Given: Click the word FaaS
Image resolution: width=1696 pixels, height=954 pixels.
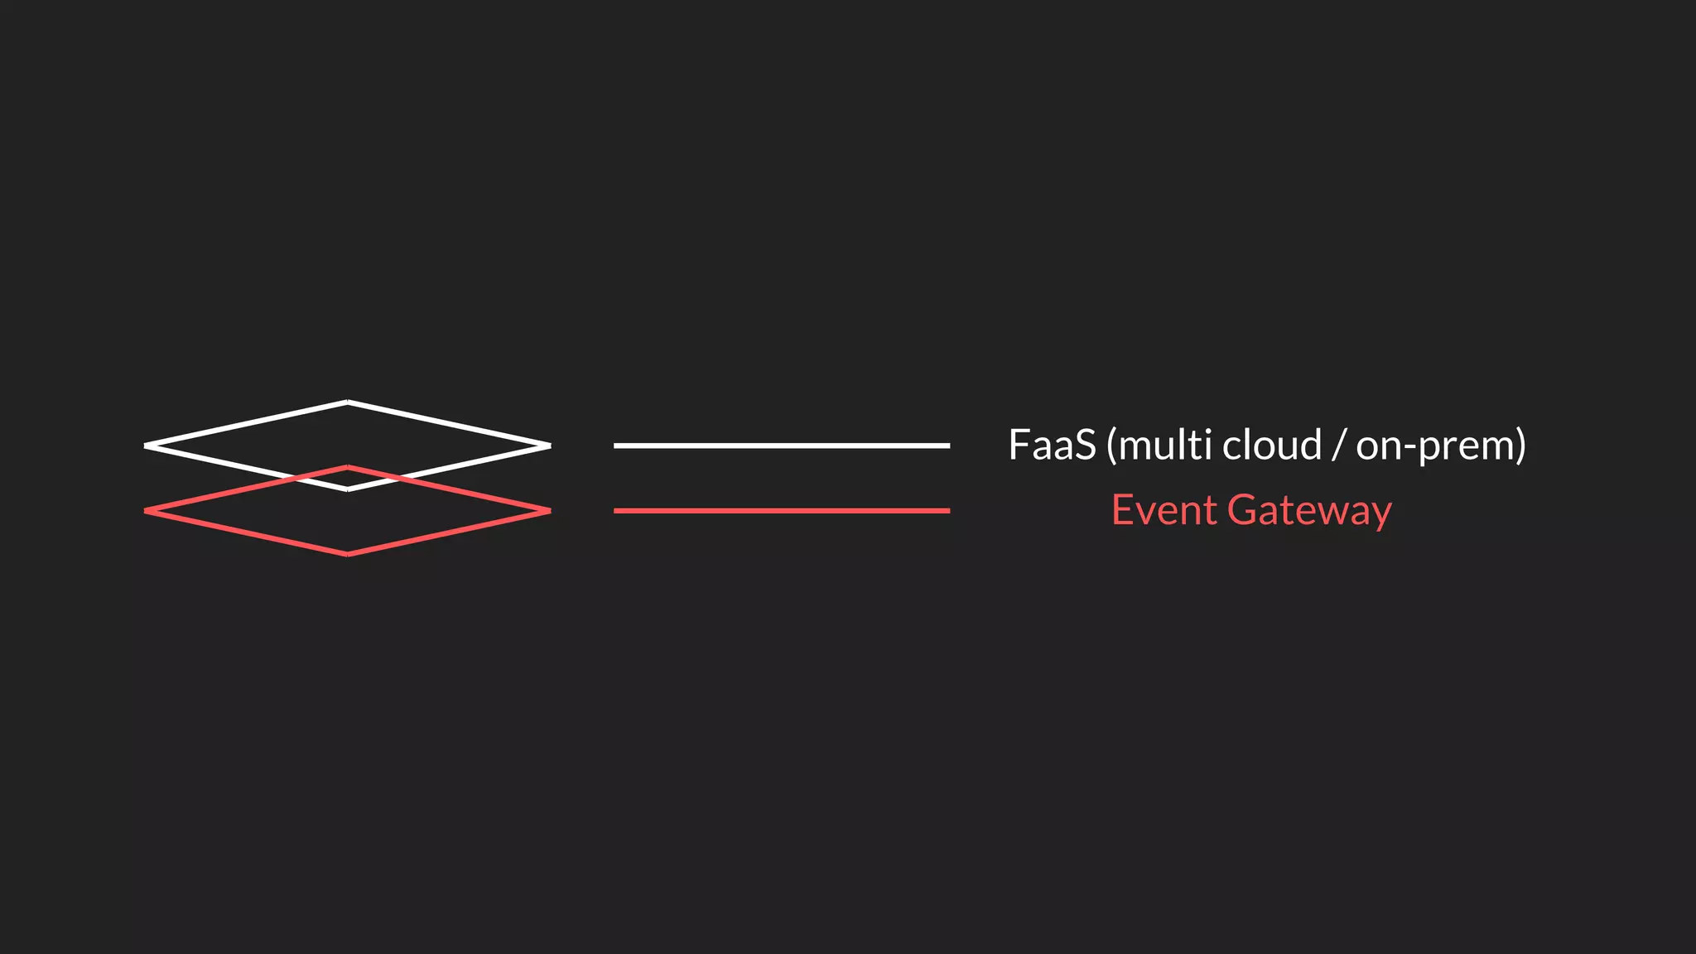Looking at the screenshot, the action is (1052, 446).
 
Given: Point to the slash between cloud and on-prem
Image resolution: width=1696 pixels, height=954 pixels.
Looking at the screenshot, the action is (1338, 446).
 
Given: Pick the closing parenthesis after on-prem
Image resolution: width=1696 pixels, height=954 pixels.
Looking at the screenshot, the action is (1520, 446).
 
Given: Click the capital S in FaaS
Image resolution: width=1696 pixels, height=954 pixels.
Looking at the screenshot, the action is (1085, 446).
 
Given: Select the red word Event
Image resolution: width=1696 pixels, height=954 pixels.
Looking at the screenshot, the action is (1164, 510).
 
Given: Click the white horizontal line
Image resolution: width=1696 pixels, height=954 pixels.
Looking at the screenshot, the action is (781, 446).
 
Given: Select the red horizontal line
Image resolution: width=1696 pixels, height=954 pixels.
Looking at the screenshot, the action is (781, 511).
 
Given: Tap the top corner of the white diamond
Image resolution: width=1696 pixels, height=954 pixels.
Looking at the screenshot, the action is (348, 402).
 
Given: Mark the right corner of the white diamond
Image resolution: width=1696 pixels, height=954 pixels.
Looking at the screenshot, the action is (548, 446).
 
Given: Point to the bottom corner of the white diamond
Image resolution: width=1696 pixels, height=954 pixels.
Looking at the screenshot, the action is (348, 489).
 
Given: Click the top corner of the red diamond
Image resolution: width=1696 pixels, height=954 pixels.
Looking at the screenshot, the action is (348, 468).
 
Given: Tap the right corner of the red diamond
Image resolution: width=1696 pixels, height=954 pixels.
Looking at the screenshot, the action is (548, 511).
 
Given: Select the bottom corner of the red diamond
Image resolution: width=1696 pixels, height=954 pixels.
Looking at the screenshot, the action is (348, 554).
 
